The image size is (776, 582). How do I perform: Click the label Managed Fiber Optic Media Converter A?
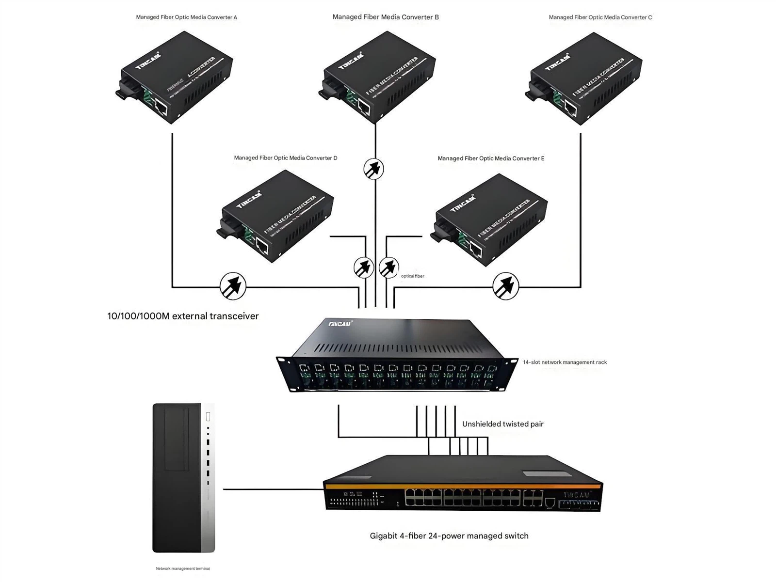pos(186,17)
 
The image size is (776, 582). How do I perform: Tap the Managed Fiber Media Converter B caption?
pos(386,17)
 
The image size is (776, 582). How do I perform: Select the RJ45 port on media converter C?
pos(570,109)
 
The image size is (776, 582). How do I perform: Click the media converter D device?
pos(275,216)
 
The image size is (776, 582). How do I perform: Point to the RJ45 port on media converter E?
pos(475,250)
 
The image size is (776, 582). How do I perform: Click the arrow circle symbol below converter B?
pos(373,169)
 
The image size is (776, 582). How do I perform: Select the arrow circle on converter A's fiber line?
pos(233,286)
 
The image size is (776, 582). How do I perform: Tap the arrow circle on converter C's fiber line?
pos(505,286)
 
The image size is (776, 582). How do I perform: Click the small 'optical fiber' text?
pos(412,276)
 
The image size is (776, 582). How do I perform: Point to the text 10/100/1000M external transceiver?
pos(183,316)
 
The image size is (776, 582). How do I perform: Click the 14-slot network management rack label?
pos(565,362)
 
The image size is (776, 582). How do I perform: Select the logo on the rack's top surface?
pos(340,323)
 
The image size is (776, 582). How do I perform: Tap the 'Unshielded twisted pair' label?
pos(502,424)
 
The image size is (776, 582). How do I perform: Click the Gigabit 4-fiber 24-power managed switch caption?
pos(449,535)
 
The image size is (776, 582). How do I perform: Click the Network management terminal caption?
pos(183,568)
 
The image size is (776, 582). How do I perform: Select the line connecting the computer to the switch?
pos(272,489)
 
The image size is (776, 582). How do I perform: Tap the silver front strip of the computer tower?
pos(208,477)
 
